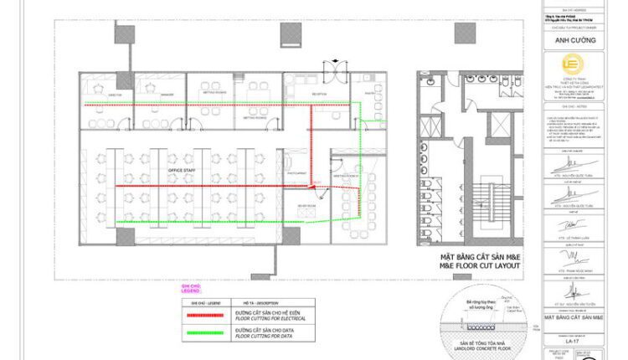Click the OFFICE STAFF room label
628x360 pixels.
tap(183, 170)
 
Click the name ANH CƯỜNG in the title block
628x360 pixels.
tap(572, 39)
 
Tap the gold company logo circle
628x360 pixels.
tap(572, 66)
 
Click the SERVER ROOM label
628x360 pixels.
tap(306, 205)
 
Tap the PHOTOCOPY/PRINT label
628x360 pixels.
tap(297, 172)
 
